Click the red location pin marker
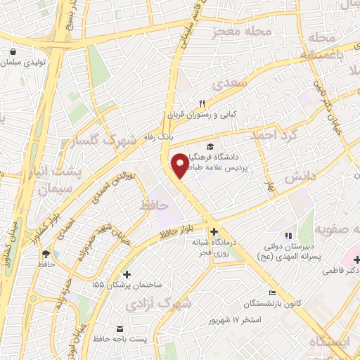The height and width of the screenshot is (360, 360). (181, 165)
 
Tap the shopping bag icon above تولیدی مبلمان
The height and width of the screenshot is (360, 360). (15, 51)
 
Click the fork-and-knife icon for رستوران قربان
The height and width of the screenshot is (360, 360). (202, 102)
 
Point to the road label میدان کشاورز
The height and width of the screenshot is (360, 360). (8, 243)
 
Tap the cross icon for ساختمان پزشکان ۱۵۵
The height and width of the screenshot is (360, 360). (127, 274)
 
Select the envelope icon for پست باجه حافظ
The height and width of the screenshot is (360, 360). (120, 329)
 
